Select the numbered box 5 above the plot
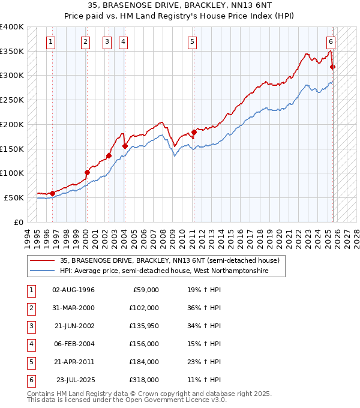(192, 42)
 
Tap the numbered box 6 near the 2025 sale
(331, 42)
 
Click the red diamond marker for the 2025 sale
(333, 67)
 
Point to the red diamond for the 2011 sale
(194, 133)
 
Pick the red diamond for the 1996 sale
(52, 193)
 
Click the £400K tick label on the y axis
(12, 27)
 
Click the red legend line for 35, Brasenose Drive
(42, 261)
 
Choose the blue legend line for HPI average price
(42, 271)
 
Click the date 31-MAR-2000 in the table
(73, 308)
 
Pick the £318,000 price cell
(143, 380)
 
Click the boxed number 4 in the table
(31, 344)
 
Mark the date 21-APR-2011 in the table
(73, 362)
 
